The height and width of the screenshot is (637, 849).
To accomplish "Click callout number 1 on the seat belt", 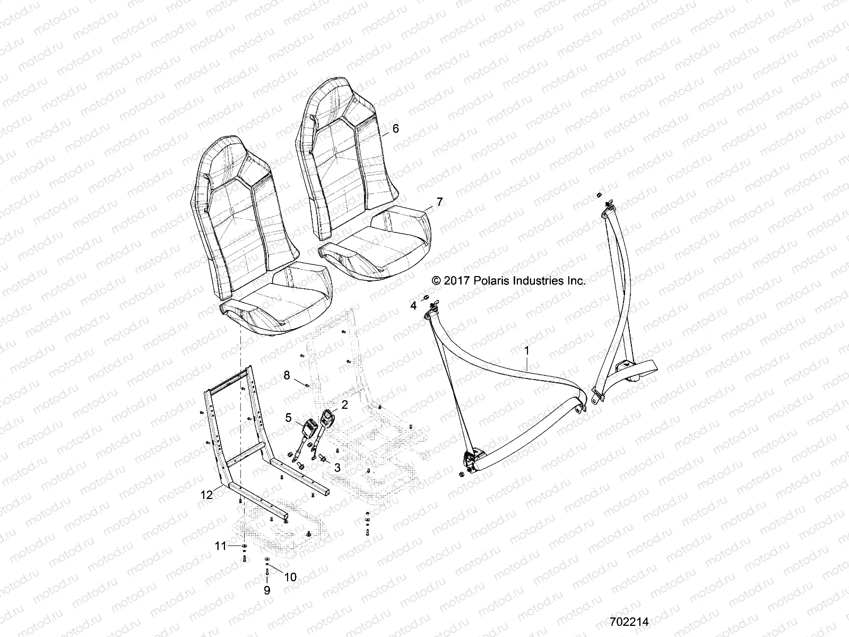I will click(526, 350).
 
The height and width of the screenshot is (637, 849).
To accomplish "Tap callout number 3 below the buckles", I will click(336, 468).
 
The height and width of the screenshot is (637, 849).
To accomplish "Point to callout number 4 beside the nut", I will click(413, 306).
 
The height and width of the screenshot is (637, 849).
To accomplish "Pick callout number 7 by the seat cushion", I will click(439, 202).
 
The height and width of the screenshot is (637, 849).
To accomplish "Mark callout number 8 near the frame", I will click(287, 375).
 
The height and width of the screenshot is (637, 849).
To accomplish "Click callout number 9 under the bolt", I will click(267, 605).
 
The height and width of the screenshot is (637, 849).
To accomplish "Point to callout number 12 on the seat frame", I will click(206, 495).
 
